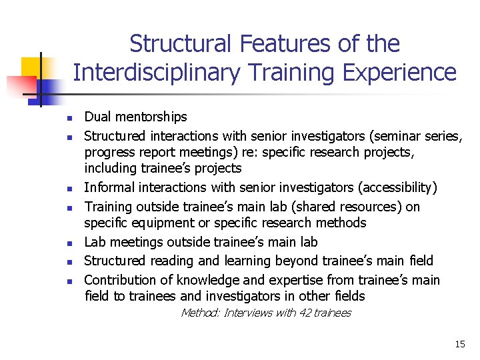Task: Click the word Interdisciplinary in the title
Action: coord(155,72)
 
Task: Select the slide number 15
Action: coord(459,345)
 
